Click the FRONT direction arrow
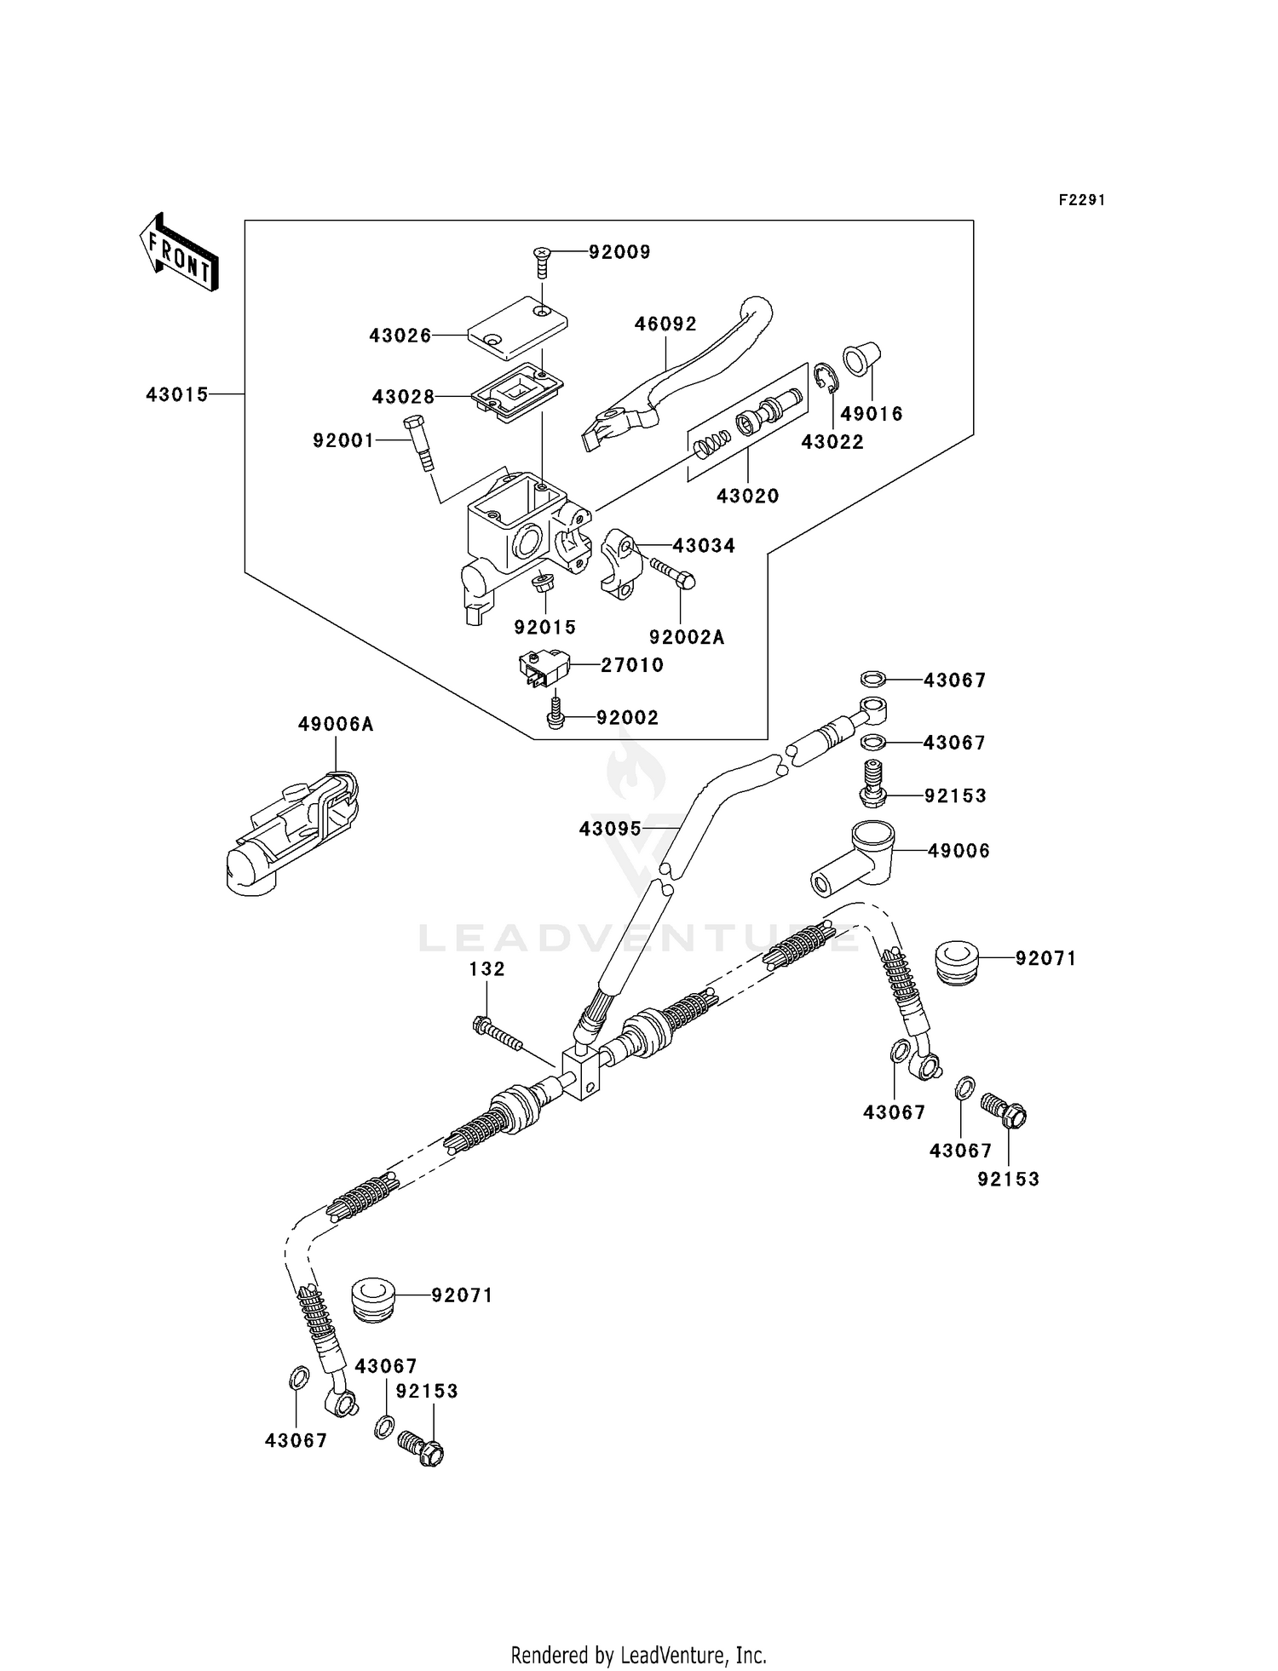tap(179, 253)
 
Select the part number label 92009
tap(619, 252)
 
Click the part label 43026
tap(400, 336)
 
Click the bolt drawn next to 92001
tap(420, 441)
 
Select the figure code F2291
tap(1081, 200)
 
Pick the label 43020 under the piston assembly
tap(747, 496)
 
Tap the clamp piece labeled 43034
tap(621, 562)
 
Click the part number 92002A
tap(686, 637)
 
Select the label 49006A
tap(336, 724)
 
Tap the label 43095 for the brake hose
tap(610, 828)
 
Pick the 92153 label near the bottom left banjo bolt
tap(427, 1391)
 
